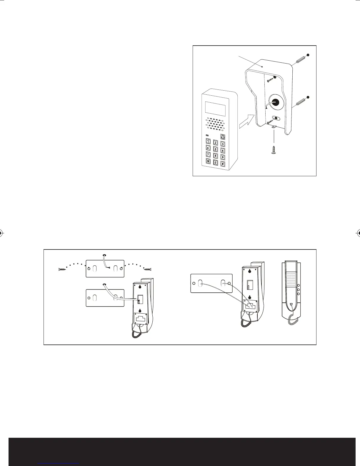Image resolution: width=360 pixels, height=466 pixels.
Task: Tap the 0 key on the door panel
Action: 216,162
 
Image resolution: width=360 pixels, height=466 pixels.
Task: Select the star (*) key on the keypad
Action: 208,161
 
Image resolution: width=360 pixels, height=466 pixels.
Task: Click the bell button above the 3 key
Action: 223,137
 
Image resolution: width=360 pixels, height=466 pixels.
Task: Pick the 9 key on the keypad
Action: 223,157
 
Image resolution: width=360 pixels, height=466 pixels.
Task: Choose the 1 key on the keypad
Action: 208,141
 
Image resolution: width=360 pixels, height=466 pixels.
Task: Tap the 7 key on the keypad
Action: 208,154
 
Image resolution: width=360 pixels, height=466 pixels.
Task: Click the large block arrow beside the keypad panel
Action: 246,122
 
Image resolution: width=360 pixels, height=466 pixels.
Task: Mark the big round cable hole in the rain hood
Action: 276,102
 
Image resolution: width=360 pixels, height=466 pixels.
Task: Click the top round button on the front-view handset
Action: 298,285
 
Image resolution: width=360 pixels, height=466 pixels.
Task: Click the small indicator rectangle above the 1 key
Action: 207,135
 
